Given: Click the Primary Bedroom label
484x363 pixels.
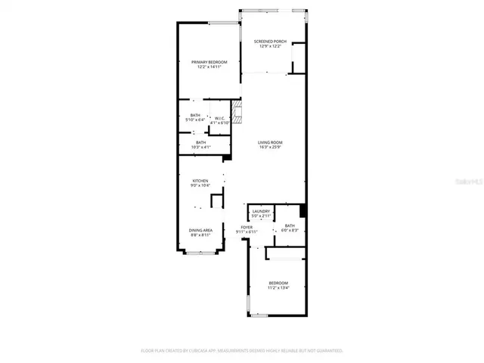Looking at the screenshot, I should tap(200, 62).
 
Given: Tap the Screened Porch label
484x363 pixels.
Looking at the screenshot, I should tap(269, 42).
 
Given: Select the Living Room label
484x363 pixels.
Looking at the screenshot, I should tap(269, 142).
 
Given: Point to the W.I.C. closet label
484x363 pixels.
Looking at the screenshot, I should tap(219, 117).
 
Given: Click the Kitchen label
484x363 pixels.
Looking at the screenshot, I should tap(200, 181).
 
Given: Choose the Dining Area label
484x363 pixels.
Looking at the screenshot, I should tap(200, 230).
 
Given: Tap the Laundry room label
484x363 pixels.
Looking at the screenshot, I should tap(262, 211).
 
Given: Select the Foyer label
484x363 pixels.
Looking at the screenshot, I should tap(247, 226).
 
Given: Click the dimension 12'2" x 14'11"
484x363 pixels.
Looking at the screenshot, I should tap(200, 67).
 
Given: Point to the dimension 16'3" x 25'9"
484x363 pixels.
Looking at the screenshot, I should tap(269, 147).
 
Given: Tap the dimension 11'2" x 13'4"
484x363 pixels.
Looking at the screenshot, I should tap(278, 288).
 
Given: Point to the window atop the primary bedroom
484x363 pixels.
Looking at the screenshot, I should tap(222, 23).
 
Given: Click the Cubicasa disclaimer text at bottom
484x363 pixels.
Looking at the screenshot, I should tap(242, 351).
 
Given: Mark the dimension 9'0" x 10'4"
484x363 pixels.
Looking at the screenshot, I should tap(200, 186).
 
